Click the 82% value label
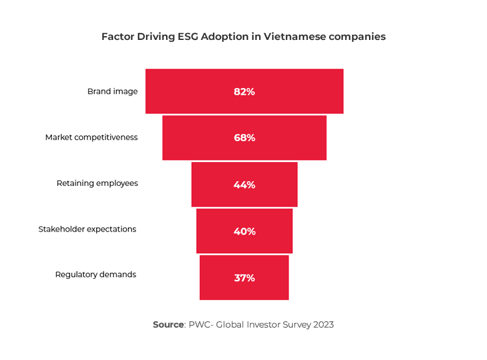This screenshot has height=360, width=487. click(x=244, y=92)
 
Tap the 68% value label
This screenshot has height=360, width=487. click(x=244, y=138)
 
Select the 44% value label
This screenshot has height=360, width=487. click(x=244, y=185)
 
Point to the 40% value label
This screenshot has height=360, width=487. click(x=244, y=231)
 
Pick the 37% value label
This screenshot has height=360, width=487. click(x=244, y=278)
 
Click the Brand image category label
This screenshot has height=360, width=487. click(x=112, y=92)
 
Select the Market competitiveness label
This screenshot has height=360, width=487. click(x=91, y=137)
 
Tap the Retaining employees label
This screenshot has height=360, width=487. click(x=97, y=183)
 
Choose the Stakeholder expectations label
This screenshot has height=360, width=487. click(x=87, y=229)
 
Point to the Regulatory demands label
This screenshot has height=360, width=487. click(x=96, y=275)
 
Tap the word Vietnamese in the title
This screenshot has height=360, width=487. click(x=292, y=37)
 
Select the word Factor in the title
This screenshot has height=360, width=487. click(x=117, y=37)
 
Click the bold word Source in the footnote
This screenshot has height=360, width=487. click(x=169, y=325)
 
